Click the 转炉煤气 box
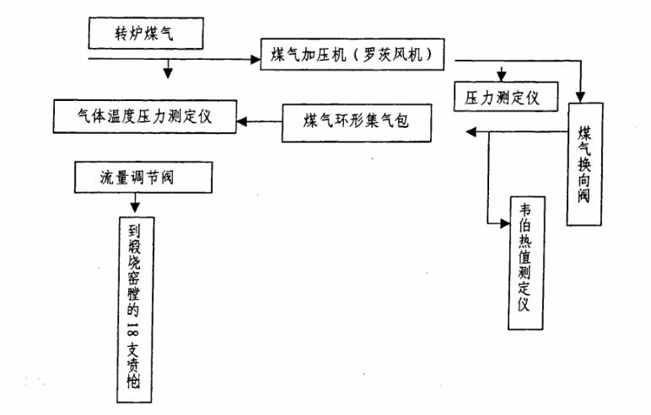pos(146,33)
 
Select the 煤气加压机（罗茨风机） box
pos(352,55)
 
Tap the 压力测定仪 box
pos(506,97)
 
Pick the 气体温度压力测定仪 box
pos(145,116)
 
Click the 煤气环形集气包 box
pos(357,123)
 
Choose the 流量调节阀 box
pos(143,178)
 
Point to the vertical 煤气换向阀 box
pos(584,164)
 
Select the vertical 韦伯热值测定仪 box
pos(526,263)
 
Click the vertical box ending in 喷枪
pos(136,310)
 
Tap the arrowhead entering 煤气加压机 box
pos(256,60)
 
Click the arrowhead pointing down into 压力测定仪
pos(502,77)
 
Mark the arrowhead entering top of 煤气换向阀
pos(580,98)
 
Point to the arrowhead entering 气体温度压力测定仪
pos(242,121)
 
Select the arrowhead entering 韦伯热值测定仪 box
pos(504,224)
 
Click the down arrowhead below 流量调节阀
pos(135,207)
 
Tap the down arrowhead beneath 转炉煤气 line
pos(167,73)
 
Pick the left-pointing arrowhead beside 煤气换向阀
pos(471,132)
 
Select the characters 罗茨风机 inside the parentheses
pos(392,55)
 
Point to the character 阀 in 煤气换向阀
pos(584,194)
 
